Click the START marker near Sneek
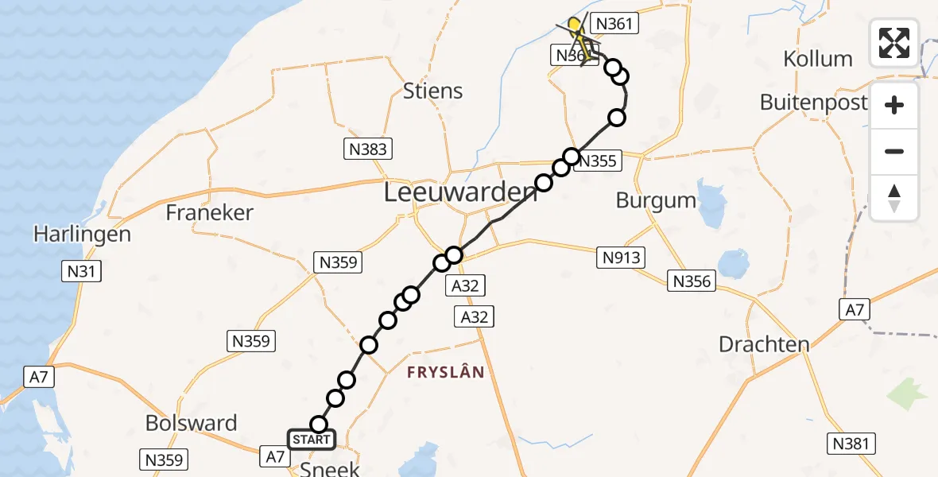312,440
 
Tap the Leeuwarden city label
460,192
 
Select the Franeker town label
210,212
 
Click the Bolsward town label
191,423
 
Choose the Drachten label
764,344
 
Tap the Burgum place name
656,200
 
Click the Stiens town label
432,91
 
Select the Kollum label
817,59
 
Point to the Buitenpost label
811,102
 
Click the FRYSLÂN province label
446,372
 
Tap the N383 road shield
368,149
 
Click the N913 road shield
620,257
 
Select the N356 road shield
693,280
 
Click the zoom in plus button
894,105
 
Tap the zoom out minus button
894,151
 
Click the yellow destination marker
574,24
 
